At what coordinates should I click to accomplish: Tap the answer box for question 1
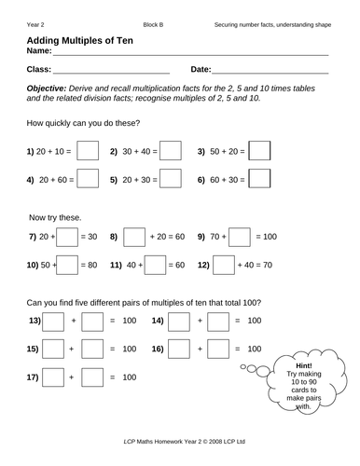[87, 151]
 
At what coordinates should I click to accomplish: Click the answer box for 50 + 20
[260, 151]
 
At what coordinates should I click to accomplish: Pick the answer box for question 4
[87, 178]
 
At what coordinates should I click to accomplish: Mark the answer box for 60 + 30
[260, 178]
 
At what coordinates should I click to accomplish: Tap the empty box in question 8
[134, 238]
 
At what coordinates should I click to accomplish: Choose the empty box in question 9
[239, 238]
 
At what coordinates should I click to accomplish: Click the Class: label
[39, 69]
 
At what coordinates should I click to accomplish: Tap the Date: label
[201, 69]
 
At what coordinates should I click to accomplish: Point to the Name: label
[38, 52]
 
